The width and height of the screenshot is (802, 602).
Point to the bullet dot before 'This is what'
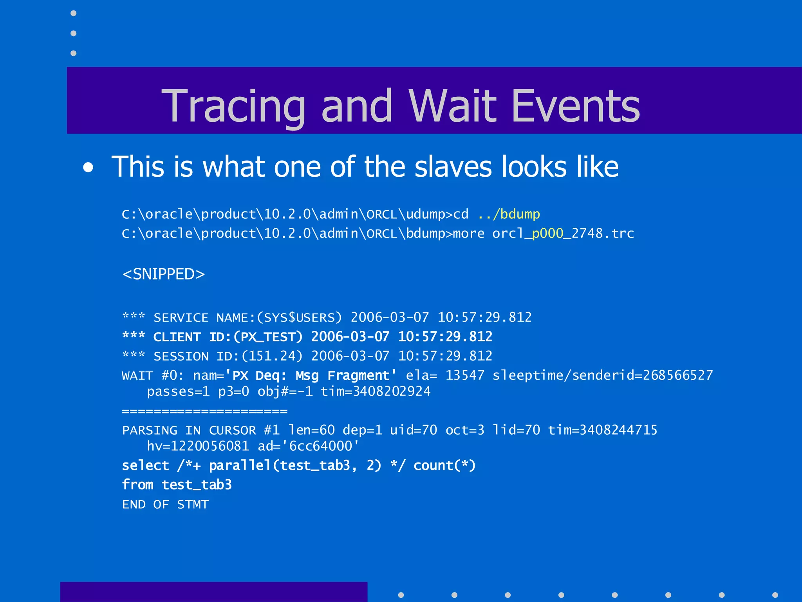[x=89, y=168]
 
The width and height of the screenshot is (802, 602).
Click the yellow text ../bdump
[x=509, y=214]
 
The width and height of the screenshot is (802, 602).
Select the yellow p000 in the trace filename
[x=547, y=234]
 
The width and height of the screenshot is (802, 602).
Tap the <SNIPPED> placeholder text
[x=164, y=274]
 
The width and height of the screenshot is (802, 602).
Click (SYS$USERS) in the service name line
[x=299, y=317]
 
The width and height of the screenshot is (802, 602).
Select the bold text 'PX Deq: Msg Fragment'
[x=311, y=375]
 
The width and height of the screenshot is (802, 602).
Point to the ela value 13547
[x=465, y=375]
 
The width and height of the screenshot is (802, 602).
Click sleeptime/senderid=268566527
[x=603, y=375]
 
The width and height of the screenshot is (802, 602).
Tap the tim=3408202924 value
[x=376, y=392]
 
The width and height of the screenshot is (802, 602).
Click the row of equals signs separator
[x=205, y=411]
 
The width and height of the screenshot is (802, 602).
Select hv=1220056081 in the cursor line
[x=198, y=446]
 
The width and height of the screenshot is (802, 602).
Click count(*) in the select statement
[x=444, y=466]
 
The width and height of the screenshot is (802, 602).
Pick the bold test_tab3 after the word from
[x=197, y=485]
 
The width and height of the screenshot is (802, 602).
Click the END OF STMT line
[x=166, y=504]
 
